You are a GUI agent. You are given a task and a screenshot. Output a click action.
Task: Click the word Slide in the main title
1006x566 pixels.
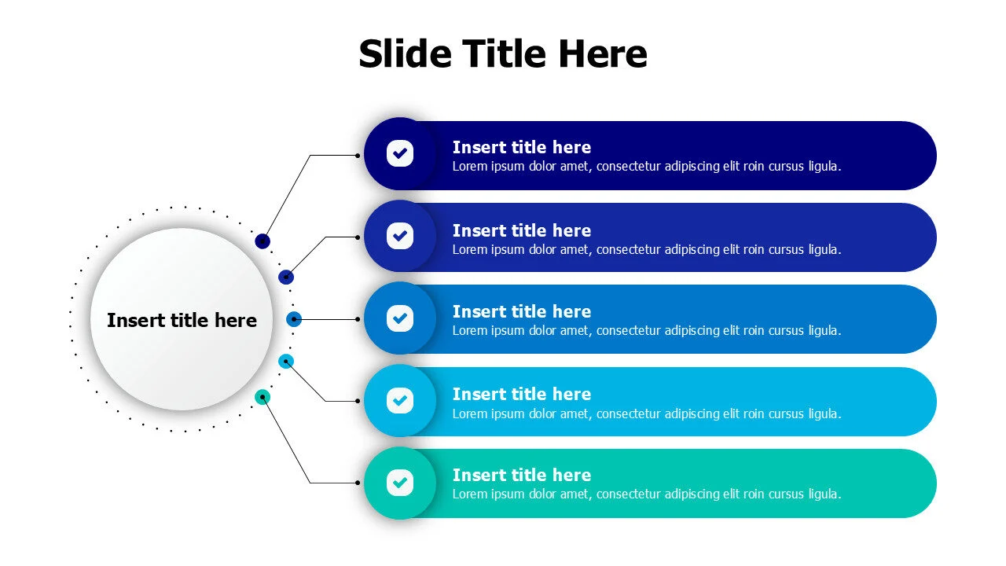click(405, 54)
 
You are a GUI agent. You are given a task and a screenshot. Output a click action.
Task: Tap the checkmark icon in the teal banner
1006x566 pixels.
click(400, 483)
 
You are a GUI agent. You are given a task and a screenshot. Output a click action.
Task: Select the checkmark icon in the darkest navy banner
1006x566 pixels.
click(400, 153)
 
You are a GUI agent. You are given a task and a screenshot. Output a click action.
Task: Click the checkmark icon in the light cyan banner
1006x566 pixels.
click(400, 400)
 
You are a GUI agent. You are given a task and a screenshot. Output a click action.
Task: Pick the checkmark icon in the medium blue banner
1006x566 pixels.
click(400, 318)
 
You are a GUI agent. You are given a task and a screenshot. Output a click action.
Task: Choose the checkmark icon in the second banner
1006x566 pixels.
click(400, 236)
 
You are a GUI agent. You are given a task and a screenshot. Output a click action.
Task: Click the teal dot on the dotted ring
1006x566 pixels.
click(263, 397)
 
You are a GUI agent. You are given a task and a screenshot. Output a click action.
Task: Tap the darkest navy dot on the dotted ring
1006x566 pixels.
click(263, 241)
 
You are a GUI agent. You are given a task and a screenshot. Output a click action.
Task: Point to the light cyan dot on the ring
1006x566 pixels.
click(286, 361)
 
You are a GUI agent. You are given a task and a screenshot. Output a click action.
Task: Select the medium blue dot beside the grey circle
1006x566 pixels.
click(294, 319)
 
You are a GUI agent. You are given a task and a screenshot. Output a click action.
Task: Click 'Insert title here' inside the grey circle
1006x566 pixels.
click(182, 320)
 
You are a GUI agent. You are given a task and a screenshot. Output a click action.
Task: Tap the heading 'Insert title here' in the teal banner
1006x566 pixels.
click(521, 476)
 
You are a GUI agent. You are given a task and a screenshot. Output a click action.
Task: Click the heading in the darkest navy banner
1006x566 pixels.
click(521, 147)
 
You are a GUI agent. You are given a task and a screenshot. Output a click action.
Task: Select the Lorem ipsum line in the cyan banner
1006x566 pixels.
click(647, 413)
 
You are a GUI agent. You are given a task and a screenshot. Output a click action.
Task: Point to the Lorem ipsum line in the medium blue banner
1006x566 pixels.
click(647, 331)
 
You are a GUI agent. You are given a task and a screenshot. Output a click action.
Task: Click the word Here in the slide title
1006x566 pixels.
click(603, 54)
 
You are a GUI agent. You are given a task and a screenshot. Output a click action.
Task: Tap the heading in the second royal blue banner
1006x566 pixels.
click(521, 231)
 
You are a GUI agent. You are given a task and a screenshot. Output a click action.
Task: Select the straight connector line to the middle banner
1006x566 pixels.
click(326, 319)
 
